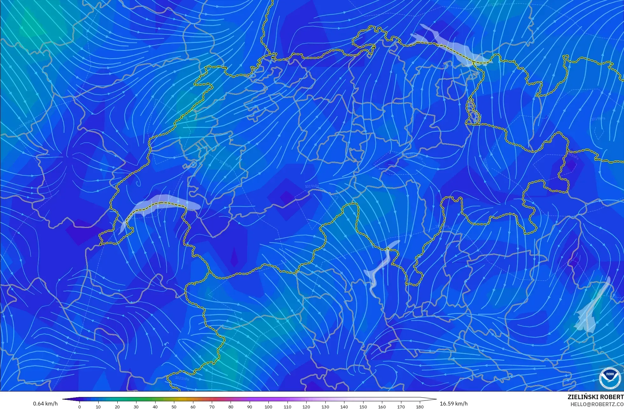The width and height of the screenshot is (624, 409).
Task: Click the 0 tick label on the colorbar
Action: [80, 407]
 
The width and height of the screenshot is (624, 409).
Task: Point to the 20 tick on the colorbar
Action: [117, 407]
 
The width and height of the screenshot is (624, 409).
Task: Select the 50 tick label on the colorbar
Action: [174, 407]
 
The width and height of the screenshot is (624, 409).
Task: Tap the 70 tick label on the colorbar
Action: [212, 407]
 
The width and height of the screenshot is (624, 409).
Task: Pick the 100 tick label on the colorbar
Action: [268, 407]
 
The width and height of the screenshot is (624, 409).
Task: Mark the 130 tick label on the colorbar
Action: [325, 407]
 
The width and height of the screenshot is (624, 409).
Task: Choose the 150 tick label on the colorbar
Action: [363, 407]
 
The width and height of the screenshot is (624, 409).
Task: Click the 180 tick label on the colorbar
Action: [419, 407]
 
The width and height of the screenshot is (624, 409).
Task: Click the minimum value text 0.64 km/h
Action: [45, 404]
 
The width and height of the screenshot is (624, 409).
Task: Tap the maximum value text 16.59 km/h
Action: [454, 404]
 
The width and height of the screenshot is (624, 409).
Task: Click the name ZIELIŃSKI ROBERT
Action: [595, 397]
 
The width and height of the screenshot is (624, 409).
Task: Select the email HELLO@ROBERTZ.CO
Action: [597, 404]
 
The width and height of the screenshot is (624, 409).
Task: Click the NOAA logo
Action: [610, 378]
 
